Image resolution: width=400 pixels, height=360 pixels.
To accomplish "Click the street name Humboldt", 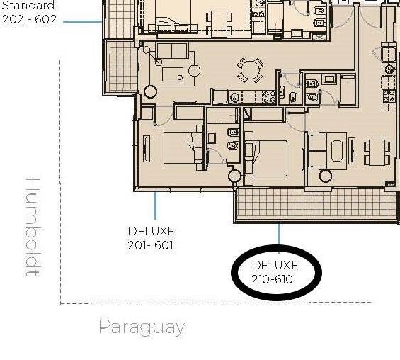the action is (x=33, y=227).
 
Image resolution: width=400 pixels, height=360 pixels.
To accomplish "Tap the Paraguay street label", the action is (x=142, y=327).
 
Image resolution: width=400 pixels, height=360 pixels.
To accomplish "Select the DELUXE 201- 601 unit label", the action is (x=151, y=238).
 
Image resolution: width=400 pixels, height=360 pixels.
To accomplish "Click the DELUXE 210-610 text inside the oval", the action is (x=275, y=272).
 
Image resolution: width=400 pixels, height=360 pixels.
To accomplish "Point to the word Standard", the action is (x=28, y=5).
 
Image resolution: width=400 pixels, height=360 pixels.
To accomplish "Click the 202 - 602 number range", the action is (x=30, y=19).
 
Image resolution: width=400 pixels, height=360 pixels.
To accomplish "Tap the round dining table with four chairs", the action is (x=250, y=70).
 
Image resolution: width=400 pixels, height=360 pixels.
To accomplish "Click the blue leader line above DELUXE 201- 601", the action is (x=155, y=206).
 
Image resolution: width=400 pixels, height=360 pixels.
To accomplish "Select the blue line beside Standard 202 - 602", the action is (x=83, y=21).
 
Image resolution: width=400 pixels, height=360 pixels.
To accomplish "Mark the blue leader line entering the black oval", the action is (x=280, y=237).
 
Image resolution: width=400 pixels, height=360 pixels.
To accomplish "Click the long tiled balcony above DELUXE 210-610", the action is (x=316, y=205).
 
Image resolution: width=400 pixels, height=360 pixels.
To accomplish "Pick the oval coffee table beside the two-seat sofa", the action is (x=337, y=151).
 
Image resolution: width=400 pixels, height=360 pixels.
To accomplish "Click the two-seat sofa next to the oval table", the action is (x=317, y=150).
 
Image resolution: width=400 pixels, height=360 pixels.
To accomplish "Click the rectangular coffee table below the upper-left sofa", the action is (x=173, y=74).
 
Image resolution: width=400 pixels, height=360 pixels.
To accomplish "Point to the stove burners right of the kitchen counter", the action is (x=269, y=97).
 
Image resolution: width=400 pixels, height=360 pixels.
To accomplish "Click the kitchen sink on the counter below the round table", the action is (x=235, y=98).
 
